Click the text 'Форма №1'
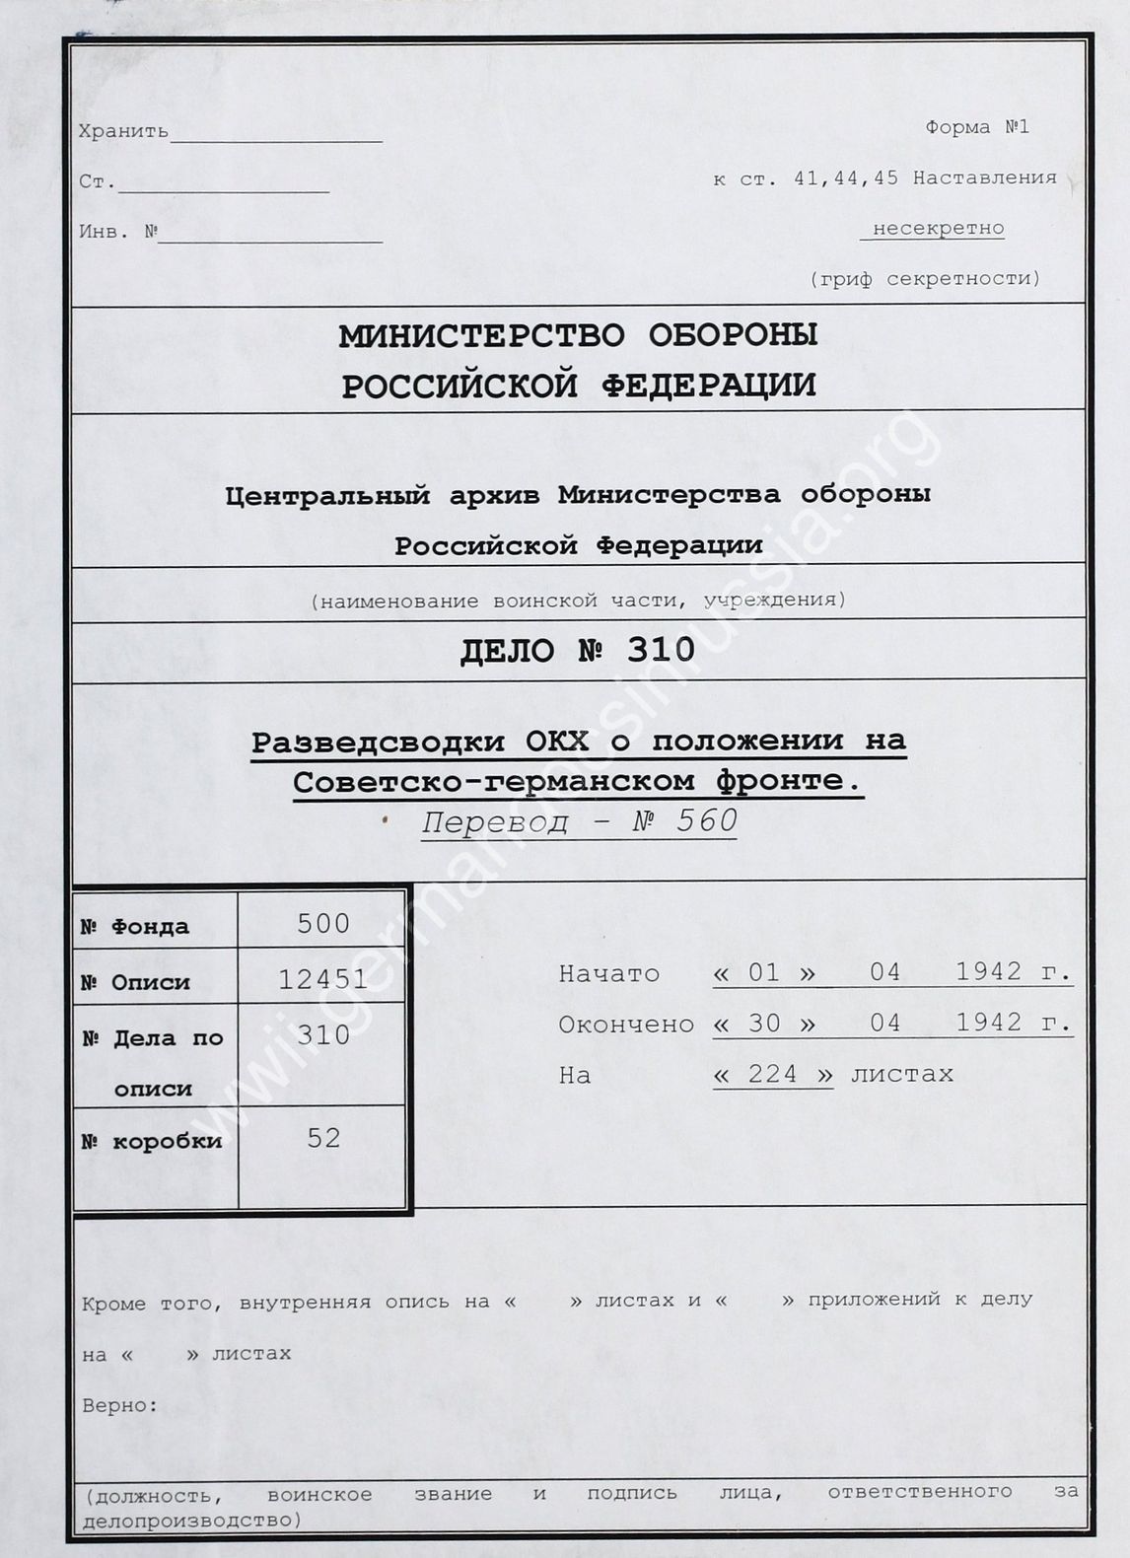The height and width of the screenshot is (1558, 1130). [x=976, y=127]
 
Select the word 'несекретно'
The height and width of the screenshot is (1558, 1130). [x=938, y=229]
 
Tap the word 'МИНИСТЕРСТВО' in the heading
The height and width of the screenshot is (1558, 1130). [x=481, y=336]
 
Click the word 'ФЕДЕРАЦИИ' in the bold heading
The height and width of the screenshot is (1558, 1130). [x=708, y=386]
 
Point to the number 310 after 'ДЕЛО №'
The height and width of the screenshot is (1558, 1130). [x=661, y=650]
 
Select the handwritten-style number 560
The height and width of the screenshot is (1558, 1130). [x=707, y=820]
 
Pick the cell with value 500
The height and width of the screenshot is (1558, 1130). [x=323, y=923]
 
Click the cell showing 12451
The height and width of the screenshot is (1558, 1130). [x=323, y=979]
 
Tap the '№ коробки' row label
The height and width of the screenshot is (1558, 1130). [x=152, y=1142]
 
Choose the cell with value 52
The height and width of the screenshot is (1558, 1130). [x=323, y=1138]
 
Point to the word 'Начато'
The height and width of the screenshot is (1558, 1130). [x=608, y=973]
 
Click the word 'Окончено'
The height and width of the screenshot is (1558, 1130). [x=625, y=1025]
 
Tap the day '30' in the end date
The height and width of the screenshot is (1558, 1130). [x=764, y=1024]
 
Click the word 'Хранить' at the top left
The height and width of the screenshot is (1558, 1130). [x=123, y=131]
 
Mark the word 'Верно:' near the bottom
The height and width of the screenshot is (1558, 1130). [x=119, y=1405]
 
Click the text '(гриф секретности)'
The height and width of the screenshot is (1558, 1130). [x=925, y=279]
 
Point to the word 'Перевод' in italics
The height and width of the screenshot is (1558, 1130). [x=495, y=821]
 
